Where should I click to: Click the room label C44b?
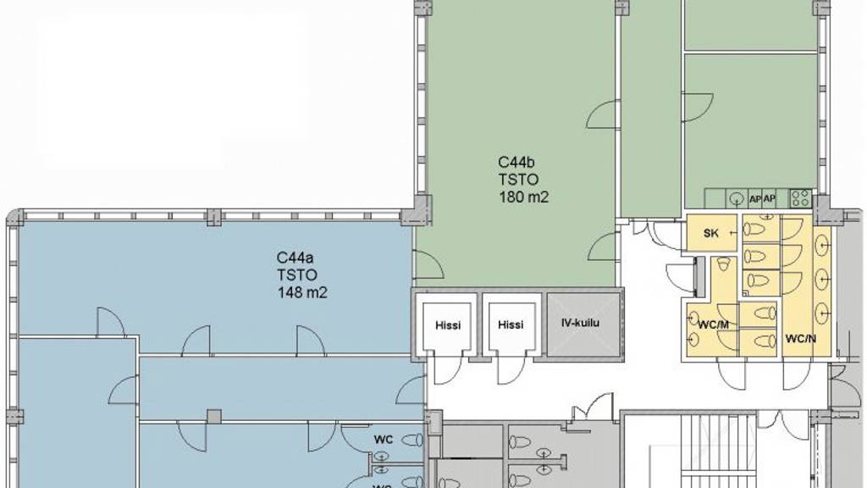point(516,163)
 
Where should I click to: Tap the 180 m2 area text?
point(523,197)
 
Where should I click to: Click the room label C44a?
point(295,258)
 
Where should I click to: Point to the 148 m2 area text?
point(302,292)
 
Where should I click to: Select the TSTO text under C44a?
point(297,275)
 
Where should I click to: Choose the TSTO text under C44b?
point(519,180)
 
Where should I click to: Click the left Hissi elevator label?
point(448,325)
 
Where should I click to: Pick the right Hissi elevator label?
point(511,324)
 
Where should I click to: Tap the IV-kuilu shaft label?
point(580,323)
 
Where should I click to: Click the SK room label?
point(710,234)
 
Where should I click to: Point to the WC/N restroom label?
point(801,339)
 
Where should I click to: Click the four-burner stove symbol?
point(801,198)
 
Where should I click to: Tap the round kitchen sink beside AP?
point(736,198)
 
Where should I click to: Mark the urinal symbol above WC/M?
point(723,264)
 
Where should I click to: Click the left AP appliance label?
point(754,198)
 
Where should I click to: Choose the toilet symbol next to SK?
point(754,228)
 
